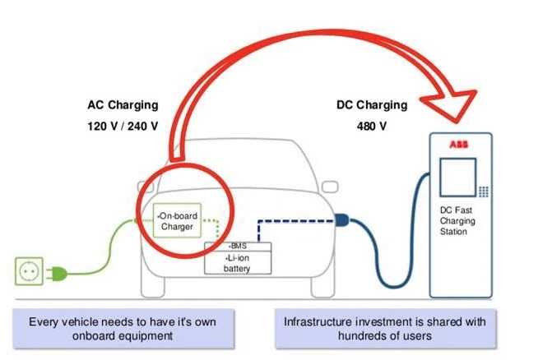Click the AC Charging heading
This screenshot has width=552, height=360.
point(123,106)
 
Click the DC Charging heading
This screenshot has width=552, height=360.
point(372,105)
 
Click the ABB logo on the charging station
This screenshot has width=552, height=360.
point(458,144)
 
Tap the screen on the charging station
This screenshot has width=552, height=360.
point(458,181)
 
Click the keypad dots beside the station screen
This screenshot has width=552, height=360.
point(484,191)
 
